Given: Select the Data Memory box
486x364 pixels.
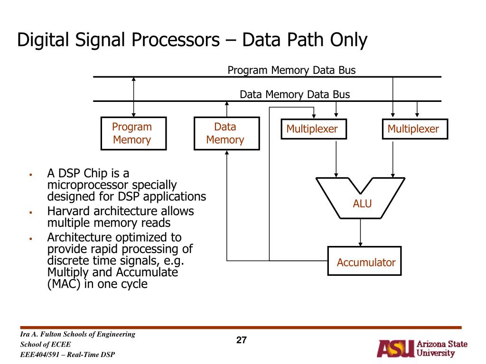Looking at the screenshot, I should click(x=226, y=133).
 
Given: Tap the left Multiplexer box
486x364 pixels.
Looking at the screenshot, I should click(x=313, y=129).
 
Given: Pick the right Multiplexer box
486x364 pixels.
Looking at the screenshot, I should click(x=414, y=129).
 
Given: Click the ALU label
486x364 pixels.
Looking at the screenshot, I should click(x=362, y=204).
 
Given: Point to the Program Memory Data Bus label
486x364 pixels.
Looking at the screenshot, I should click(x=291, y=71).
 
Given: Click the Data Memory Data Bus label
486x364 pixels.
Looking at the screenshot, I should click(x=294, y=95).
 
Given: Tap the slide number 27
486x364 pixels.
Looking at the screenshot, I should click(x=242, y=340).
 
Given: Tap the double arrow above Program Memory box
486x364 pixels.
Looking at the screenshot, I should click(x=134, y=97).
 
